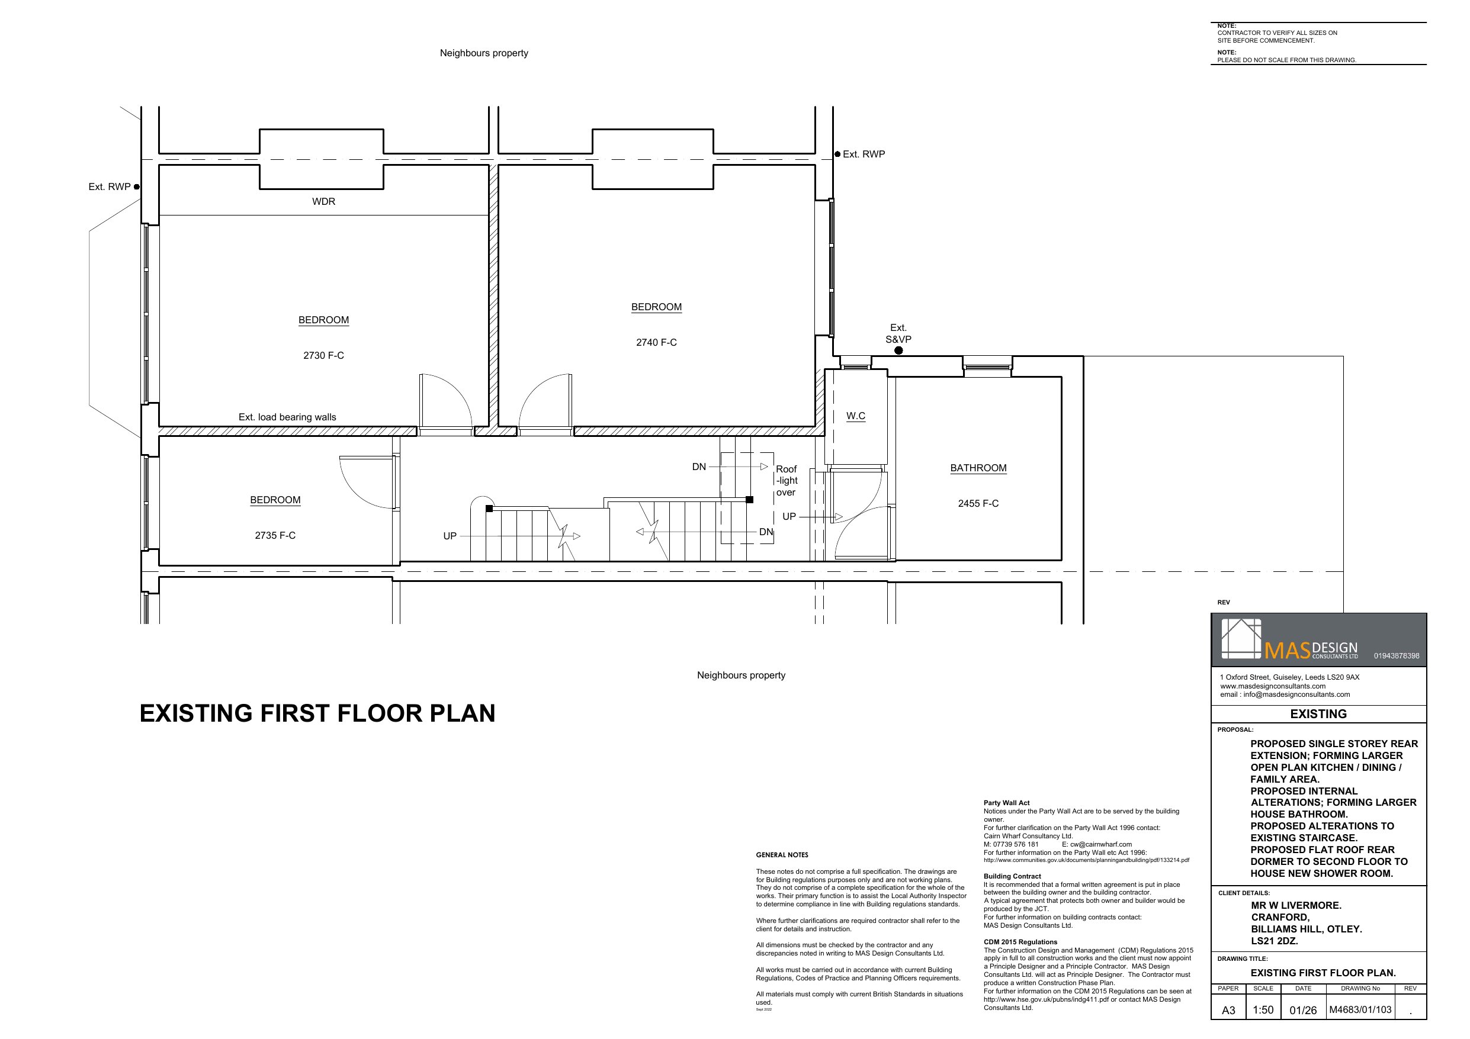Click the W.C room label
855,416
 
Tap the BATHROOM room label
978,468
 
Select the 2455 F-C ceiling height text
978,504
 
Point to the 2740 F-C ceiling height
656,343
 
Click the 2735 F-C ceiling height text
275,536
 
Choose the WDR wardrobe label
323,202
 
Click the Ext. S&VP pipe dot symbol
898,350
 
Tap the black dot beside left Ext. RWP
136,187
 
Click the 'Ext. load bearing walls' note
287,417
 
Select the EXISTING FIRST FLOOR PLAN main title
317,713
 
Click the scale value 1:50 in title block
1263,1010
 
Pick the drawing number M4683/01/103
1360,1010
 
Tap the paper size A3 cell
1228,1011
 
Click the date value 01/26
1303,1011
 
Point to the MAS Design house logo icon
1241,638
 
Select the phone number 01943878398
1397,655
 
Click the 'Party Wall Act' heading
1006,803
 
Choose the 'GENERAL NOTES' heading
782,855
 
